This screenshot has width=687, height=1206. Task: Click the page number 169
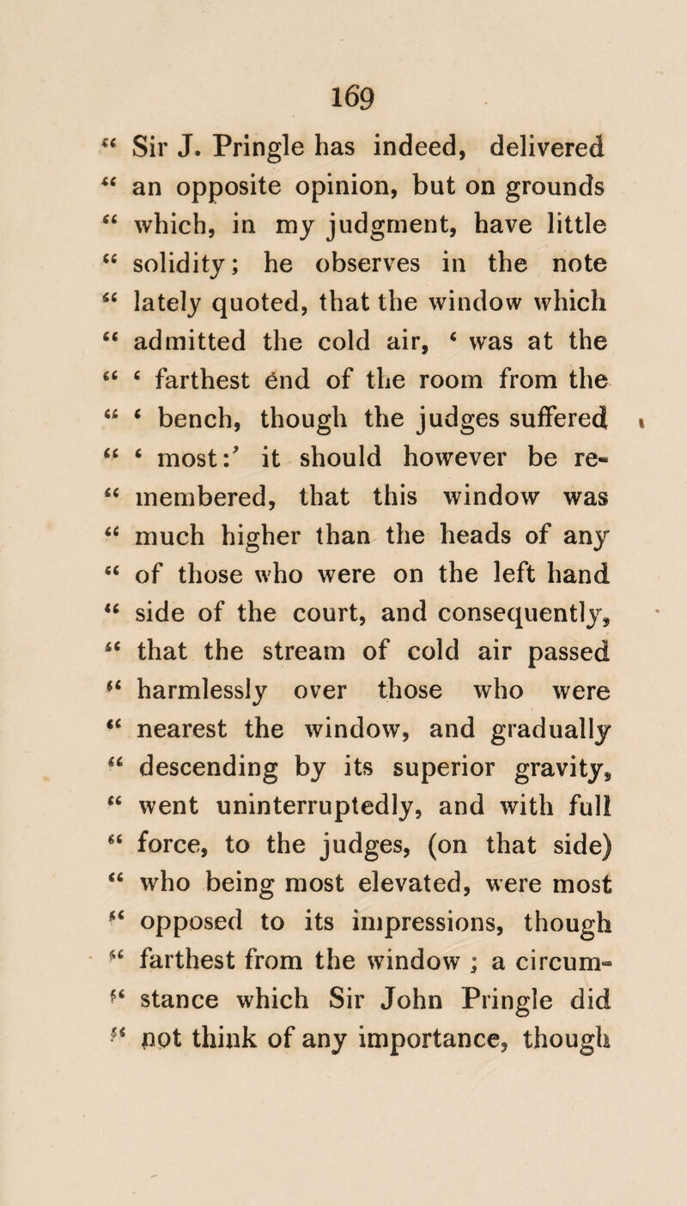coord(341,32)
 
